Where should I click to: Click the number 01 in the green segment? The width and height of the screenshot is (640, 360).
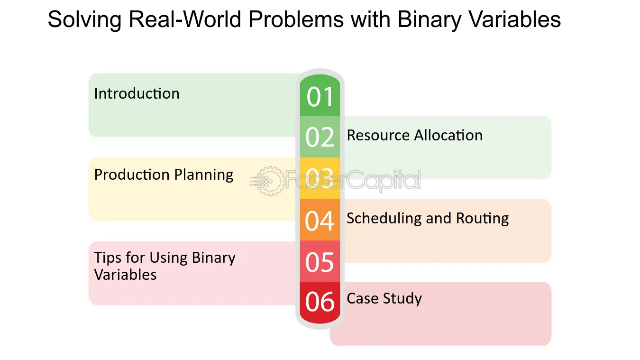[320, 97]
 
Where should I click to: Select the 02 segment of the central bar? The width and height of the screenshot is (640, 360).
[320, 137]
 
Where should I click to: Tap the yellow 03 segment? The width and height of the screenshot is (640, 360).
[320, 178]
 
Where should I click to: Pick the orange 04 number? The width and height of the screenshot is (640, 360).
[320, 221]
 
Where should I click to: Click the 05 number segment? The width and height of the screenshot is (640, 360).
[320, 261]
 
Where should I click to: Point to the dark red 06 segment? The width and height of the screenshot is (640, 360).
[320, 303]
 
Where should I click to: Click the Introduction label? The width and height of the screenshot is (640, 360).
[137, 93]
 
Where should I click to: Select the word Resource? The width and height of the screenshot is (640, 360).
[378, 135]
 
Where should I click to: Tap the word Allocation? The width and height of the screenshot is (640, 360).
[448, 135]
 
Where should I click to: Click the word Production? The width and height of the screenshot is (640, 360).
[132, 175]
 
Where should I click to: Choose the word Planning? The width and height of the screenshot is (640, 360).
[204, 175]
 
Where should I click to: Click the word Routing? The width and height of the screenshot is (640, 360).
[482, 219]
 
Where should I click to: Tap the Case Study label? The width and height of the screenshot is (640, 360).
[384, 299]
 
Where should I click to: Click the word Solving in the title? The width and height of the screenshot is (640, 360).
[84, 20]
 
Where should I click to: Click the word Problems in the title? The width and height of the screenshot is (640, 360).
[296, 19]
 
